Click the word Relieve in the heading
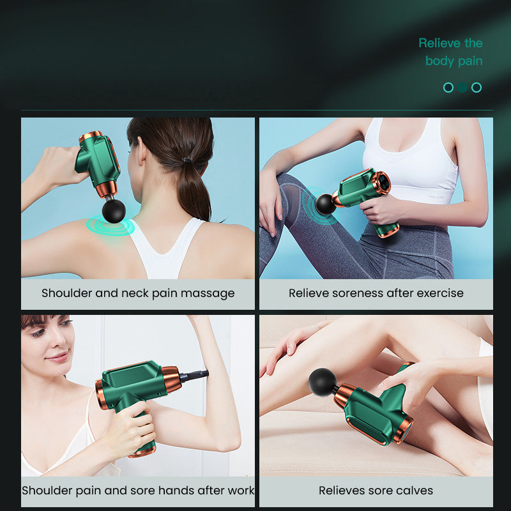439,43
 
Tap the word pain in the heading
470,61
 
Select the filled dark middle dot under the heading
462,88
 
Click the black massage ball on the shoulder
114,211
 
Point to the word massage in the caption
208,294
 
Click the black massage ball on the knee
325,204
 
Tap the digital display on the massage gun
384,183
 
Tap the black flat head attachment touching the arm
195,376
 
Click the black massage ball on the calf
323,382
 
